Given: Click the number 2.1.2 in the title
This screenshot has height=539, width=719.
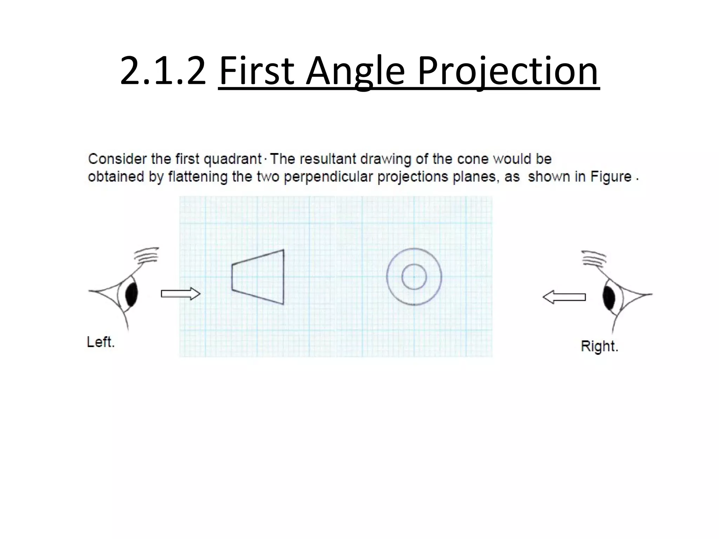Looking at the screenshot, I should point(163,71).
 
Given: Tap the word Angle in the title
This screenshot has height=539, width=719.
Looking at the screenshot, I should point(355,71).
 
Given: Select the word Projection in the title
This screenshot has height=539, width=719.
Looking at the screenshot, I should point(508,71).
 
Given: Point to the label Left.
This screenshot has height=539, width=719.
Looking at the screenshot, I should point(101,342).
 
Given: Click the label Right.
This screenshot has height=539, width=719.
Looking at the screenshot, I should point(599,346).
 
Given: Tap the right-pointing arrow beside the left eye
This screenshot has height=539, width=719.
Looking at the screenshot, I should point(180,293).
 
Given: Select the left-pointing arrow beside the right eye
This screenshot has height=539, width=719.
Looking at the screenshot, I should point(564,297).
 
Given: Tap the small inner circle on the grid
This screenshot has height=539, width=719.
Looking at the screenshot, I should point(414,277).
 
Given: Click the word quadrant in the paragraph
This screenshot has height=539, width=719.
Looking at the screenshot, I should point(233,159).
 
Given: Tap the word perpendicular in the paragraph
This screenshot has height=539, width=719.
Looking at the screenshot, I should point(328,177).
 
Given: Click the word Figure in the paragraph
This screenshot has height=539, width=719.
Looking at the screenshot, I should point(611,177).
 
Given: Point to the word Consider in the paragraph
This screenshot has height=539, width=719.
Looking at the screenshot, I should point(117,159).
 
